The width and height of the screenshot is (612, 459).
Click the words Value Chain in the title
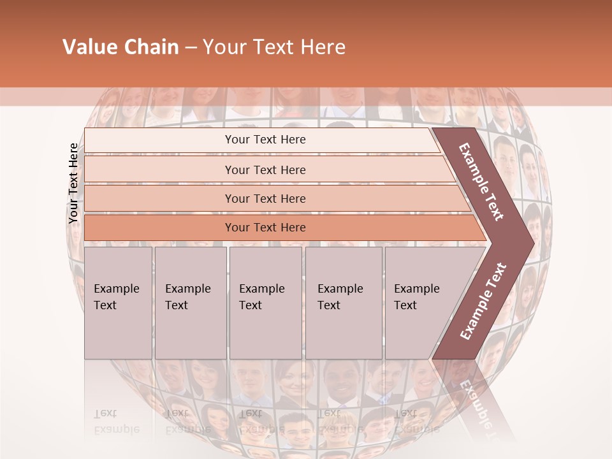120,47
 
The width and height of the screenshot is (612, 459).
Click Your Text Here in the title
274,47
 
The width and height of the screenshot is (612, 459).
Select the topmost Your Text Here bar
265,140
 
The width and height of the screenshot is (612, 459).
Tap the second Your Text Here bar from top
265,170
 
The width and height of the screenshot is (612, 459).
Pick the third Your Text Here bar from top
265,199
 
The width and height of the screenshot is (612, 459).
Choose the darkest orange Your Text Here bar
265,228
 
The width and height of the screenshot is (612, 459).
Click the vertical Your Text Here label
73,183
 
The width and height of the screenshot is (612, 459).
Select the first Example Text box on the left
118,303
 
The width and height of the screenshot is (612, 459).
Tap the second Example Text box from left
190,303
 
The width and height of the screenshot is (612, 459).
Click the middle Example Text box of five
265,303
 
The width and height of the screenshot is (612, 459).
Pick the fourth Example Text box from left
343,303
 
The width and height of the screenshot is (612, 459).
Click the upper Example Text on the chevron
481,182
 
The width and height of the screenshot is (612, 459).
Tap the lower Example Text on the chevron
483,301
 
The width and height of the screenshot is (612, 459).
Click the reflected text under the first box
117,421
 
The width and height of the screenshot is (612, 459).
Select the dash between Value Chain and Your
191,48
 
